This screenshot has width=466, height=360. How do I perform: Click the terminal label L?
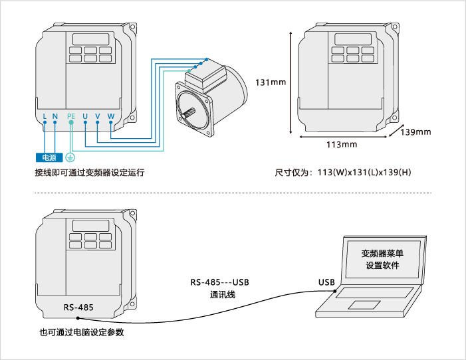[45, 117]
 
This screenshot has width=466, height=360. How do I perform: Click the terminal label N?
[55, 117]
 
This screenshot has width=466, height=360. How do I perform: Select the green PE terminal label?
[72, 117]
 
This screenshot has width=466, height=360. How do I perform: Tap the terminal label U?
[85, 117]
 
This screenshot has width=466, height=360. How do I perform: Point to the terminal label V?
[98, 117]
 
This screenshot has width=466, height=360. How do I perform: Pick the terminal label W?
[111, 117]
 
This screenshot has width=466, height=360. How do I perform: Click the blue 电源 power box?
[49, 158]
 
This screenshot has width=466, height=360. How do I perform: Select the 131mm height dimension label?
[271, 82]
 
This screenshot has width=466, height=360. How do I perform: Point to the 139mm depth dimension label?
[415, 132]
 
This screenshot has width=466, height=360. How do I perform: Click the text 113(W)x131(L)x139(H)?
[364, 173]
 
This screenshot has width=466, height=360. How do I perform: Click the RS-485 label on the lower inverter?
[78, 308]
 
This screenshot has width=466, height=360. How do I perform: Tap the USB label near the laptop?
[326, 282]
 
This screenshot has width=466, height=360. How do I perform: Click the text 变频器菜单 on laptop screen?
[382, 253]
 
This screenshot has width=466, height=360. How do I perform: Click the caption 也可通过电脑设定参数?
[82, 332]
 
